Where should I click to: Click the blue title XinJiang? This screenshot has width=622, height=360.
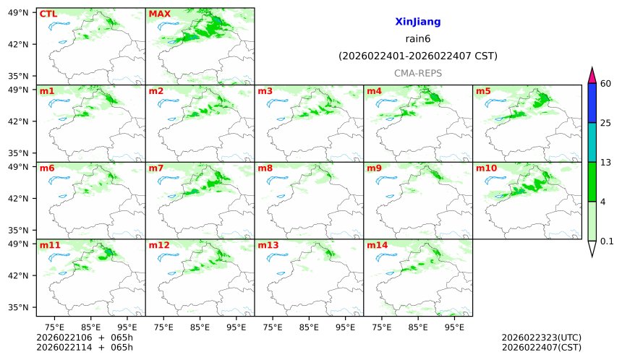417,22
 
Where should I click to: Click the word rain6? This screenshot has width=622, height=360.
417,39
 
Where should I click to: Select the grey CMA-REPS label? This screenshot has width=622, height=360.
417,73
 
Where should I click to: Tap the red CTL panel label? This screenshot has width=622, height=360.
48,14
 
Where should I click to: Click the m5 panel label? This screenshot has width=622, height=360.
483,91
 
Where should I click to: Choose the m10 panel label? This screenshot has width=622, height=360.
486,168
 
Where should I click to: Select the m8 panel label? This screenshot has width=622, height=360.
265,168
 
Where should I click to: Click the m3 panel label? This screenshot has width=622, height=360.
265,91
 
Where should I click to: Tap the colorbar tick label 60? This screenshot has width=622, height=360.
606,84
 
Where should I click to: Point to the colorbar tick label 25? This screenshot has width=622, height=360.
606,123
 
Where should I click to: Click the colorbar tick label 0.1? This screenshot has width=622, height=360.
607,241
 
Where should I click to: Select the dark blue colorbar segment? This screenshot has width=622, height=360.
592,103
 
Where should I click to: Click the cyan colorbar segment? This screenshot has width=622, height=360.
592,142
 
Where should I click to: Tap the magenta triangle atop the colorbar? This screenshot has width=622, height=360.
592,75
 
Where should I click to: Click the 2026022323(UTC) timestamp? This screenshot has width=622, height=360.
541,338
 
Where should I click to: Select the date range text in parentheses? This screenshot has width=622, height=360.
417,56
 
